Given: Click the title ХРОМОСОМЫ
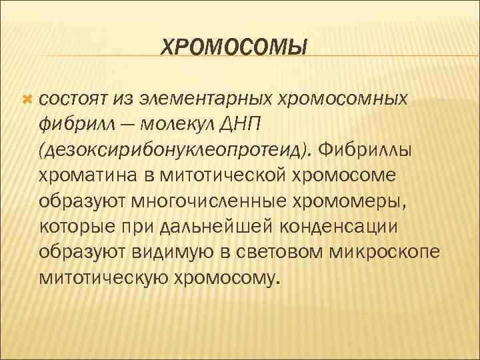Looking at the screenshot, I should click(235, 47).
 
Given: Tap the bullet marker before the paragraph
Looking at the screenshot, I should click(27, 99).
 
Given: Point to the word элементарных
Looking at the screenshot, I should click(199, 100).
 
